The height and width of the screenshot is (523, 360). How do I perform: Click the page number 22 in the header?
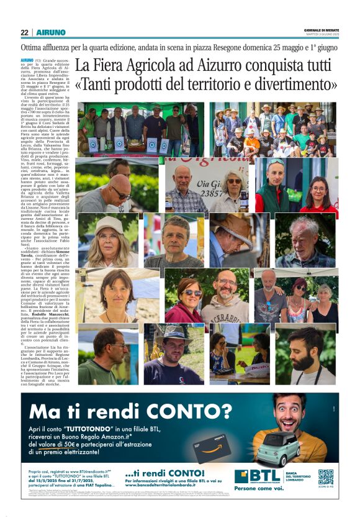(x=24, y=32)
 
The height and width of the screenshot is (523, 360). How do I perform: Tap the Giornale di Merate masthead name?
(x=321, y=30)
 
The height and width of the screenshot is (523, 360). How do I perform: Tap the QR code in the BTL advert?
(x=325, y=476)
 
